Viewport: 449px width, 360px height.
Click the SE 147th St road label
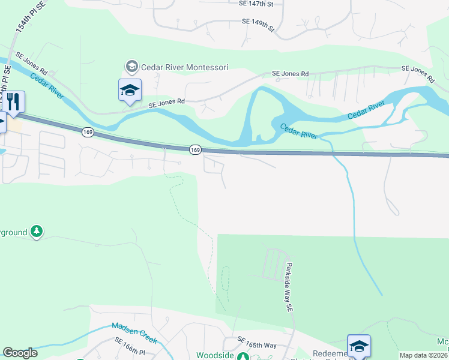pos(253,4)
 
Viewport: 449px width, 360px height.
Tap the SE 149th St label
pos(258,25)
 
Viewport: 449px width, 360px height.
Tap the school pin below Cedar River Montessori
pos(130,91)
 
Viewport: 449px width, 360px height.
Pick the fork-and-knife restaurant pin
pos(13,103)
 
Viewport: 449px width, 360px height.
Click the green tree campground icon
pos(37,231)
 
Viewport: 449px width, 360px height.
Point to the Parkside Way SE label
pos(288,287)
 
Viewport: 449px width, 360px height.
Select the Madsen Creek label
pos(134,333)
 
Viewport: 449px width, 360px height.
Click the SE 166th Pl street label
pos(130,347)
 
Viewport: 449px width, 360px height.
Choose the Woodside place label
pos(214,355)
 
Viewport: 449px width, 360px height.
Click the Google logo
pos(20,353)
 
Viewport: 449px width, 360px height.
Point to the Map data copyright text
pos(424,355)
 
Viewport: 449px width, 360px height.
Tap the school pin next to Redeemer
pos(359,347)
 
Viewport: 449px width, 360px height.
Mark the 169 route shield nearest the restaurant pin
pos(88,131)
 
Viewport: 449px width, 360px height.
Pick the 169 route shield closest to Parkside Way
pos(194,149)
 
